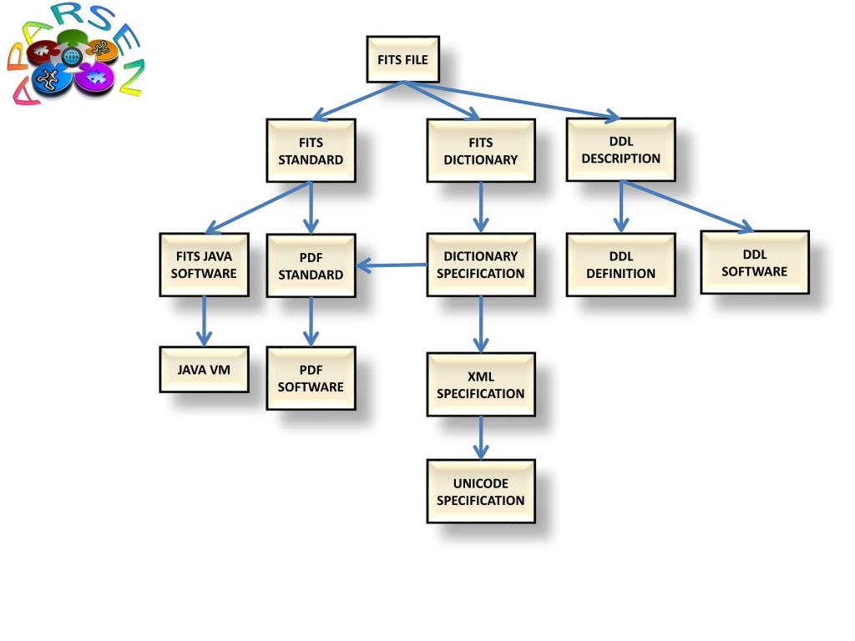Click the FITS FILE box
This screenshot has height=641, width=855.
click(402, 59)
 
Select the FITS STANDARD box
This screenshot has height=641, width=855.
click(311, 150)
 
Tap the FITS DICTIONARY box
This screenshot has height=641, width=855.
click(480, 150)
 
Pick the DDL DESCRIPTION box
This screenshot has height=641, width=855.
click(620, 149)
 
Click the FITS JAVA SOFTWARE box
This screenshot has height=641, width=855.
click(204, 265)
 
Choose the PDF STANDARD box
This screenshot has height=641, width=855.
click(311, 265)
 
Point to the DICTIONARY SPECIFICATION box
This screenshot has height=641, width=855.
click(480, 265)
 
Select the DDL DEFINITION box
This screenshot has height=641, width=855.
click(620, 265)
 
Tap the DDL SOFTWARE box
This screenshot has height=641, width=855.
click(754, 262)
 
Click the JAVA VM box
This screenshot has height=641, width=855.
click(204, 369)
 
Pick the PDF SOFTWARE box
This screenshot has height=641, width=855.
click(311, 378)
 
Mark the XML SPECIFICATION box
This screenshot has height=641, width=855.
click(480, 384)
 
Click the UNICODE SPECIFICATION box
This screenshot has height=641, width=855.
click(480, 491)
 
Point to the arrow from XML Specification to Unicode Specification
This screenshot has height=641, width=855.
click(480, 437)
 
